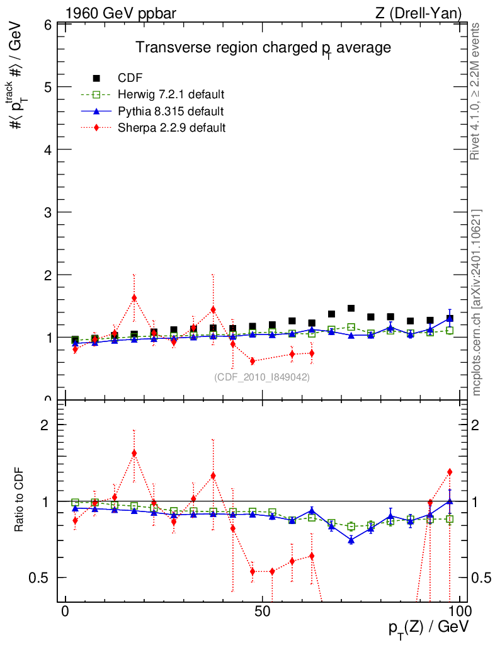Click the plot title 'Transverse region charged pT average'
[x=264, y=48]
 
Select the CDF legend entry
[x=130, y=78]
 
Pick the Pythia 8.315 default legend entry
[x=171, y=111]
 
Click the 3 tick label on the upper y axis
[x=47, y=212]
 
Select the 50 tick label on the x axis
[x=263, y=613]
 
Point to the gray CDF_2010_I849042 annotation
[x=262, y=377]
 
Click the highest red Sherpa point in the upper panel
[x=134, y=298]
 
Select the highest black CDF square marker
[x=351, y=309]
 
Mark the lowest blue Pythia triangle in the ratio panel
[x=351, y=540]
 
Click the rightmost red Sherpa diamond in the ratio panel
[x=450, y=472]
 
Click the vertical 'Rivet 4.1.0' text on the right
[x=476, y=91]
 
